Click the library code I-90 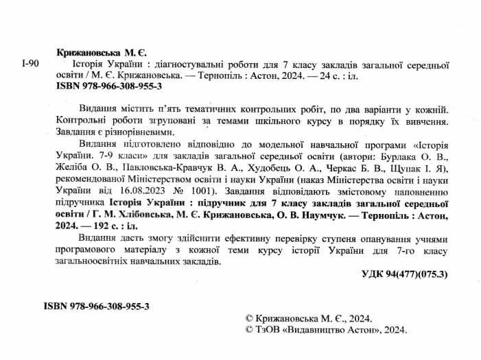pyautogui.click(x=30, y=64)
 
